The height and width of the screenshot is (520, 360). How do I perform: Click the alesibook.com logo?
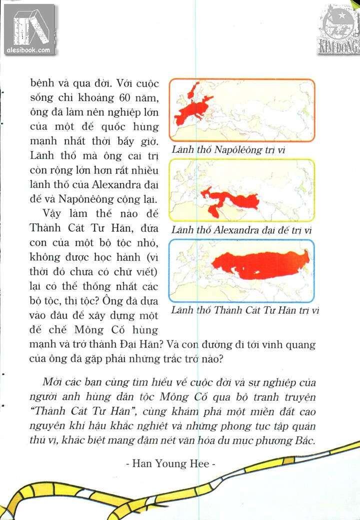[29, 29]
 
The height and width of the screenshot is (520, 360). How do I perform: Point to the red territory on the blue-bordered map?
[260, 265]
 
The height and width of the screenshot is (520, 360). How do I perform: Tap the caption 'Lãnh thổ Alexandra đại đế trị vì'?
[241, 230]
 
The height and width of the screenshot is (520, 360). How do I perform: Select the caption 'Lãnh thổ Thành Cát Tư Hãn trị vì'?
[245, 310]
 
